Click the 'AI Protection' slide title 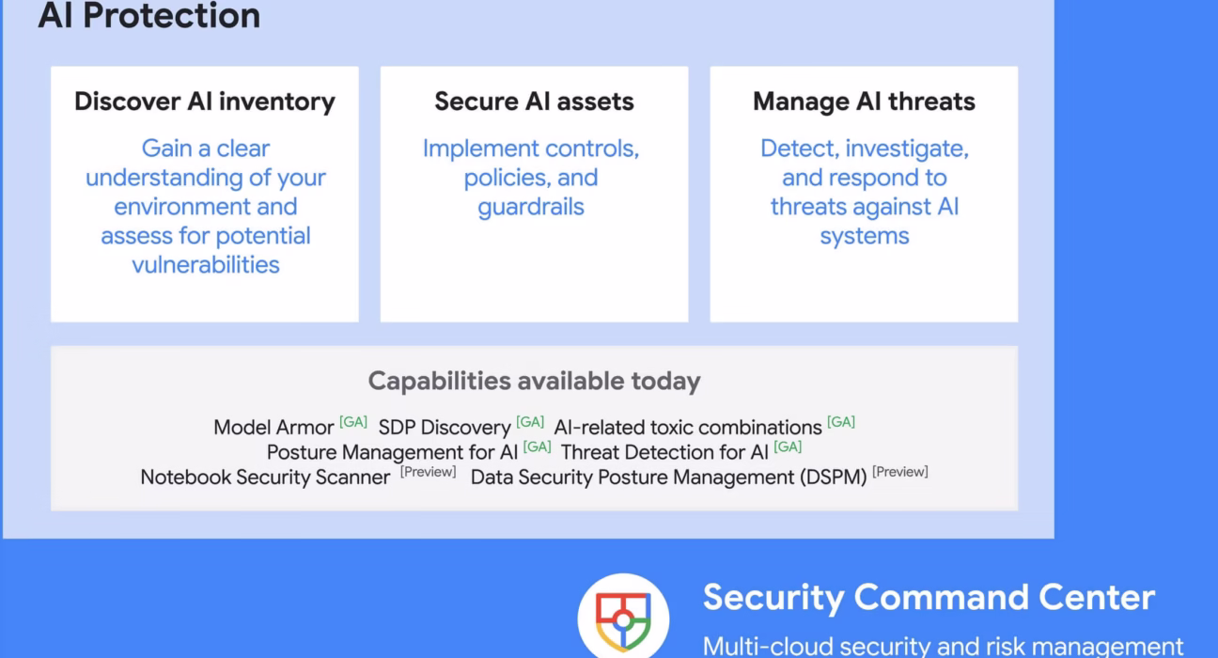148,16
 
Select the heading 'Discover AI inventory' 205,102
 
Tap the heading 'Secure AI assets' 534,102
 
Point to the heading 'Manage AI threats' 864,102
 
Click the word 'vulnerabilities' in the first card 205,264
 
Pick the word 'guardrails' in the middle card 531,207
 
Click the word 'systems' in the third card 864,236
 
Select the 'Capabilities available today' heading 534,381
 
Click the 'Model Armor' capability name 273,427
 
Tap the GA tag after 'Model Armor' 353,422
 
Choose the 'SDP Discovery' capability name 444,427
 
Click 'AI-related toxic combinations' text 688,427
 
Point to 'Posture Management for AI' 392,452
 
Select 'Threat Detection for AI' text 664,452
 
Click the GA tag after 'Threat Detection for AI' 788,447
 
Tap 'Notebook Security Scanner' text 265,477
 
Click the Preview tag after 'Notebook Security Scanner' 428,472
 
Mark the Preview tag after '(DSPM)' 899,472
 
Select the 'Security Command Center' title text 929,597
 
